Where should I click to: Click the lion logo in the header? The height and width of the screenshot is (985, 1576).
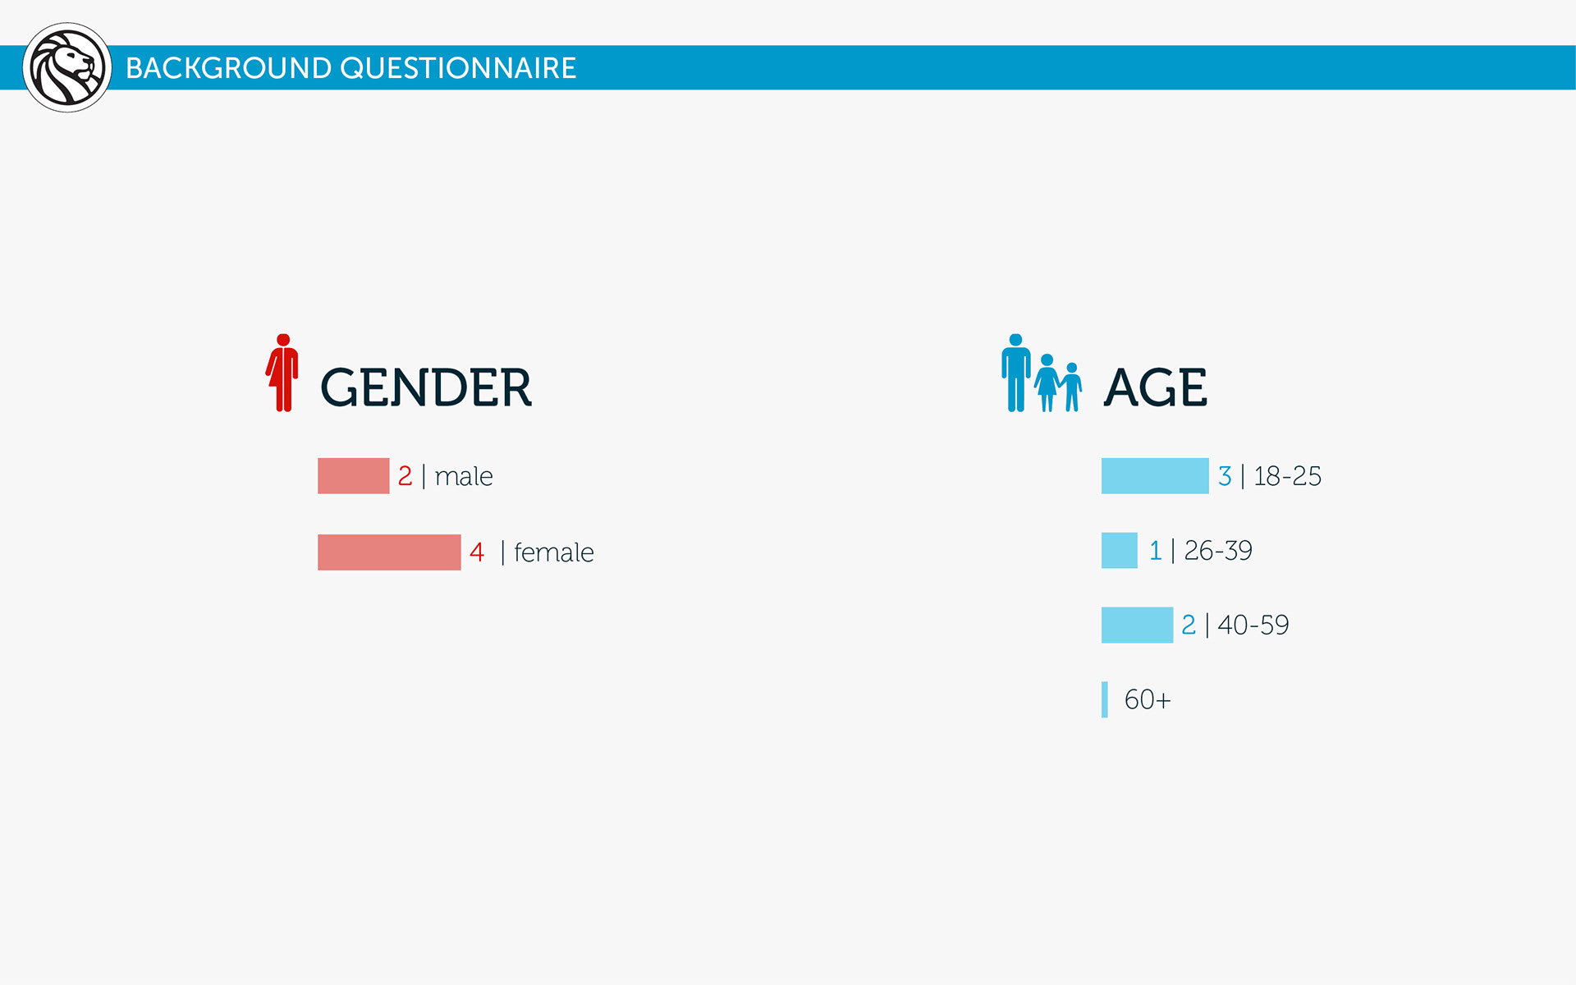click(x=67, y=67)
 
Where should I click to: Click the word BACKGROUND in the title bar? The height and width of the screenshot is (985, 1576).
click(x=228, y=68)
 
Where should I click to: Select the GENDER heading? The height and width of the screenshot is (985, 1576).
click(x=425, y=387)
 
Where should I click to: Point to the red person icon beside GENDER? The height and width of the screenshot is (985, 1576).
click(x=282, y=373)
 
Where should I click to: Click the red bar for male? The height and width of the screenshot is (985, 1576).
click(x=353, y=476)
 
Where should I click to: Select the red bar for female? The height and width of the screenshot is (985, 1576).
click(x=389, y=552)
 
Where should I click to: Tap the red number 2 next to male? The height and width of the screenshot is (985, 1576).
click(x=405, y=476)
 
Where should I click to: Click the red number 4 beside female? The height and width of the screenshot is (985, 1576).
click(x=477, y=552)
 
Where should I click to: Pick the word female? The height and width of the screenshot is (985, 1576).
click(x=554, y=552)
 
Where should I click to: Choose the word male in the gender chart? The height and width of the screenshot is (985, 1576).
click(x=464, y=476)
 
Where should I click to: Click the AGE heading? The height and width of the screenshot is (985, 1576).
click(x=1156, y=387)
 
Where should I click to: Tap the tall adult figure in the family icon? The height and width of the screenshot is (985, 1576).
click(x=1016, y=373)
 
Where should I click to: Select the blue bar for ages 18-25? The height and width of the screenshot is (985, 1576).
click(x=1155, y=476)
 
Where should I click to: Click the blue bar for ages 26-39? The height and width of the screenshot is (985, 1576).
click(x=1120, y=551)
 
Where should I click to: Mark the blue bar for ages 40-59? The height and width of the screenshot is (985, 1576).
click(x=1137, y=625)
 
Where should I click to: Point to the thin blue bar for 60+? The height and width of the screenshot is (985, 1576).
click(x=1105, y=700)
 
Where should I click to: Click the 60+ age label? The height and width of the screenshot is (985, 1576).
click(x=1148, y=700)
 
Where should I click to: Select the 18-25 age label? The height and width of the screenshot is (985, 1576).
click(x=1287, y=476)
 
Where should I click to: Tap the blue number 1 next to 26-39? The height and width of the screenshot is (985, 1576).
click(x=1156, y=551)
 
